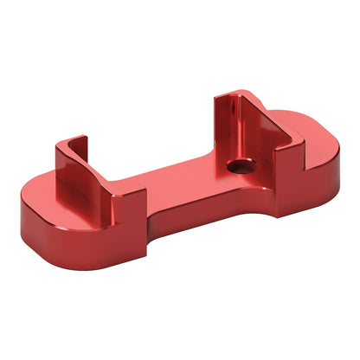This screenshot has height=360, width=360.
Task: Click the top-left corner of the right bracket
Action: point(218,95)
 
